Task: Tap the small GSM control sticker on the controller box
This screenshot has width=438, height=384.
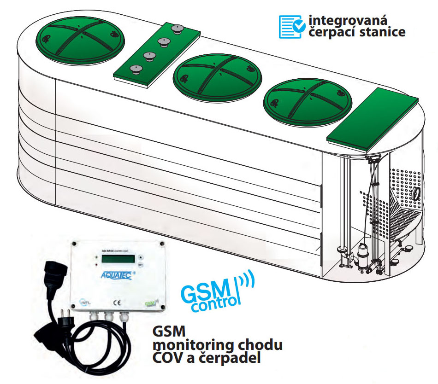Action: (150, 303)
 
